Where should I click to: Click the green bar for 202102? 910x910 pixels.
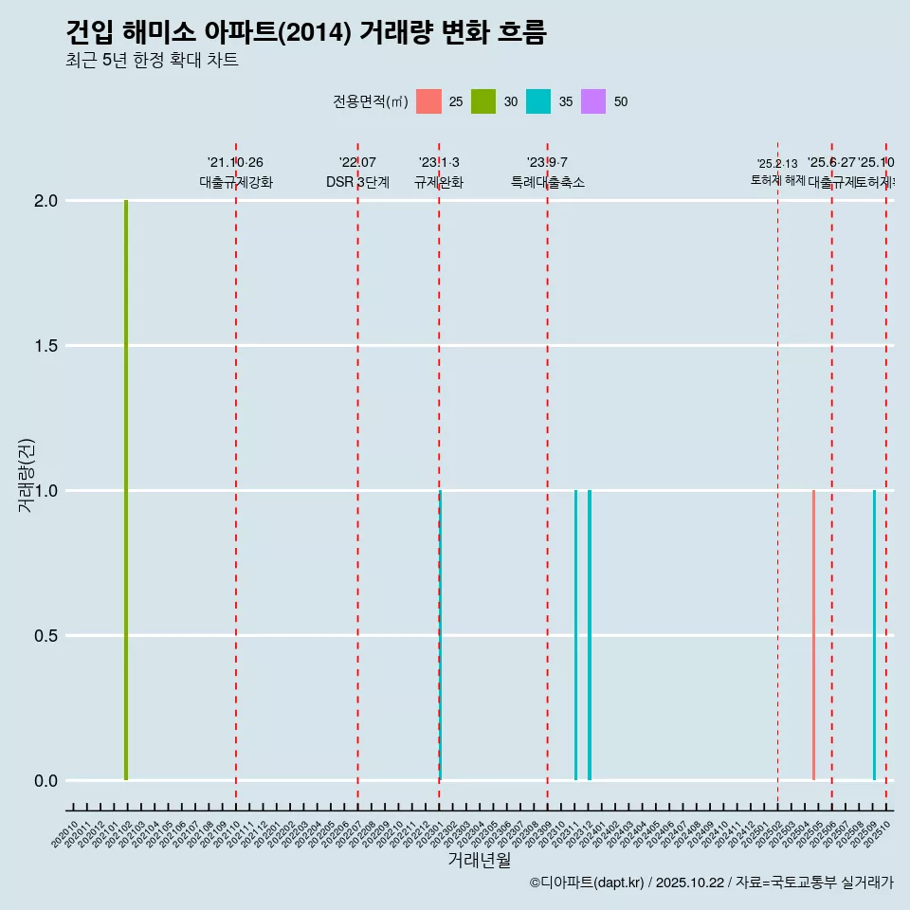click(126, 490)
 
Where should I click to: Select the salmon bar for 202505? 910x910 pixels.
click(813, 635)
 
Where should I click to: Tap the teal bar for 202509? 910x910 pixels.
click(874, 635)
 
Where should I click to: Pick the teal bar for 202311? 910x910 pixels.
click(575, 635)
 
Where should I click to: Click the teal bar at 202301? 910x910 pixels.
click(441, 635)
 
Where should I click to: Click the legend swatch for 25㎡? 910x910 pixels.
click(428, 101)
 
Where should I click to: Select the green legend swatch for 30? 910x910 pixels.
click(483, 101)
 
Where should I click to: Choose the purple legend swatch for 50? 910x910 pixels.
click(593, 101)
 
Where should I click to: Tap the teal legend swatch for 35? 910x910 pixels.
click(538, 101)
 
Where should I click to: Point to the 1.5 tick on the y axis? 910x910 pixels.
click(45, 346)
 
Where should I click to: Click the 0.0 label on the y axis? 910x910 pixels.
click(45, 781)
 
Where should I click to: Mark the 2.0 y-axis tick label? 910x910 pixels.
click(45, 201)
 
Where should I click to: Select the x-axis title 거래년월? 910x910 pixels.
click(479, 861)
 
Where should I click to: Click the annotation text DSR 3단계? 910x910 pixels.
click(357, 182)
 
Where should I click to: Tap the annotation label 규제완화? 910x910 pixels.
click(439, 182)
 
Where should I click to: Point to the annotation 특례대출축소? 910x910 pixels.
click(548, 182)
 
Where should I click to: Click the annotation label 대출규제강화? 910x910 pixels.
click(236, 182)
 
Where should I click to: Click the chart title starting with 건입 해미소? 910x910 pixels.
click(306, 32)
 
